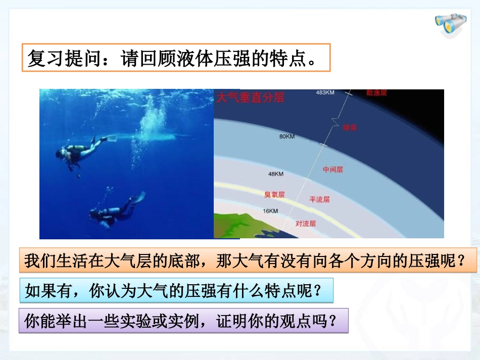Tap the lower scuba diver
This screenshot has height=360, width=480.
113,211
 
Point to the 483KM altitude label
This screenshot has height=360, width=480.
325,93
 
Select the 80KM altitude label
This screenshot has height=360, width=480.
287,137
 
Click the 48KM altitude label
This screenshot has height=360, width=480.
275,174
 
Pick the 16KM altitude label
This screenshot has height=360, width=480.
270,211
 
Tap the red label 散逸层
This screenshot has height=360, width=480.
376,93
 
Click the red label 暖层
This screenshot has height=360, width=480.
350,128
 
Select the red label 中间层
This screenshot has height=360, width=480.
333,170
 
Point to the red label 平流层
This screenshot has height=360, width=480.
319,199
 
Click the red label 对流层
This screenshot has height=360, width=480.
306,223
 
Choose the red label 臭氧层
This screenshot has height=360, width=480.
275,194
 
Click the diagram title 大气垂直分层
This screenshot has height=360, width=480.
251,98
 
